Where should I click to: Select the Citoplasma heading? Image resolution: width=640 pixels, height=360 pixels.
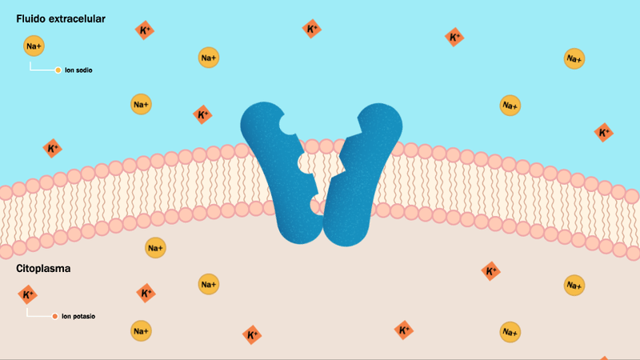[x=43, y=269]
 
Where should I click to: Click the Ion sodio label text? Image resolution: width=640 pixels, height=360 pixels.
[x=78, y=70]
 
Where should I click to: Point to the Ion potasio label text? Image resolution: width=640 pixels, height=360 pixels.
[x=78, y=316]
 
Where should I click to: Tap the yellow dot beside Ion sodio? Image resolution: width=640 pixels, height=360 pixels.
[x=58, y=70]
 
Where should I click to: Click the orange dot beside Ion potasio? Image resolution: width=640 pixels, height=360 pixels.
[x=54, y=316]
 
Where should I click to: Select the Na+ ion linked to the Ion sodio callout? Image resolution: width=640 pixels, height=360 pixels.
[x=34, y=46]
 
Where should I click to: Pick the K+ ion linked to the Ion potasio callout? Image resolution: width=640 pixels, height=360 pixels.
[x=28, y=294]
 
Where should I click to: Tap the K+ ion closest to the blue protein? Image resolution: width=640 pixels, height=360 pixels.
[x=202, y=114]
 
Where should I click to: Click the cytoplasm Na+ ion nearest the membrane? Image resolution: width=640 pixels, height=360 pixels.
[x=155, y=248]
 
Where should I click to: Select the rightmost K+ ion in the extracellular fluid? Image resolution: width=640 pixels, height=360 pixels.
[x=604, y=133]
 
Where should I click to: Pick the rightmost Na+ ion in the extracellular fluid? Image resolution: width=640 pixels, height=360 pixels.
[x=574, y=58]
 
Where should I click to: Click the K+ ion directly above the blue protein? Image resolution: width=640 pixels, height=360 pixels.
[x=312, y=29]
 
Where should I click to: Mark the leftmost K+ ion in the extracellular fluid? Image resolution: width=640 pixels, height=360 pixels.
[x=53, y=148]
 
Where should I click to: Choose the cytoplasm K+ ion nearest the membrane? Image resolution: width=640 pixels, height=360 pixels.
[x=490, y=271]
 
